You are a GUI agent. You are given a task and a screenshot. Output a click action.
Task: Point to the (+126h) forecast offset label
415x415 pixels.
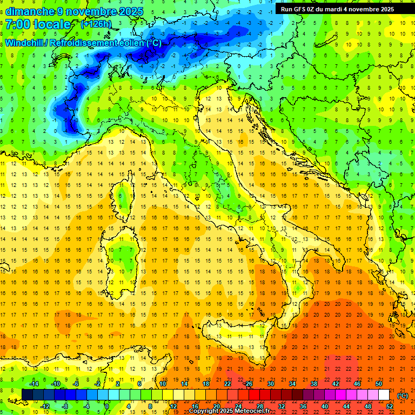96,24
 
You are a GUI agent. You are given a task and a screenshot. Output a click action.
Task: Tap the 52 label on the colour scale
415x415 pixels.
390,406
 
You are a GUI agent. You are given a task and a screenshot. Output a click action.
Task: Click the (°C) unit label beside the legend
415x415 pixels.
403,395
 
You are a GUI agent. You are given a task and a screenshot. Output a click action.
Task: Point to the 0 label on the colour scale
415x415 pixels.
107,406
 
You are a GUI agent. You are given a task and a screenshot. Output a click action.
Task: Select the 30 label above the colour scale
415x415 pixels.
270,383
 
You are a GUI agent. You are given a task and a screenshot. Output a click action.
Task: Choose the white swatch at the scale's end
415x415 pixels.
384,395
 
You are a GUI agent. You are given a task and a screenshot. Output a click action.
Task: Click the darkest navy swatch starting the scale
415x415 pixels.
27,395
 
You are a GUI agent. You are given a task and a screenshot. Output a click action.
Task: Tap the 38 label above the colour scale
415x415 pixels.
313,383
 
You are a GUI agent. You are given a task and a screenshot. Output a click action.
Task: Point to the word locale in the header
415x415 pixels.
55,25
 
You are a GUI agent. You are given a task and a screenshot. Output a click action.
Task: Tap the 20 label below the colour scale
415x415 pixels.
216,406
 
